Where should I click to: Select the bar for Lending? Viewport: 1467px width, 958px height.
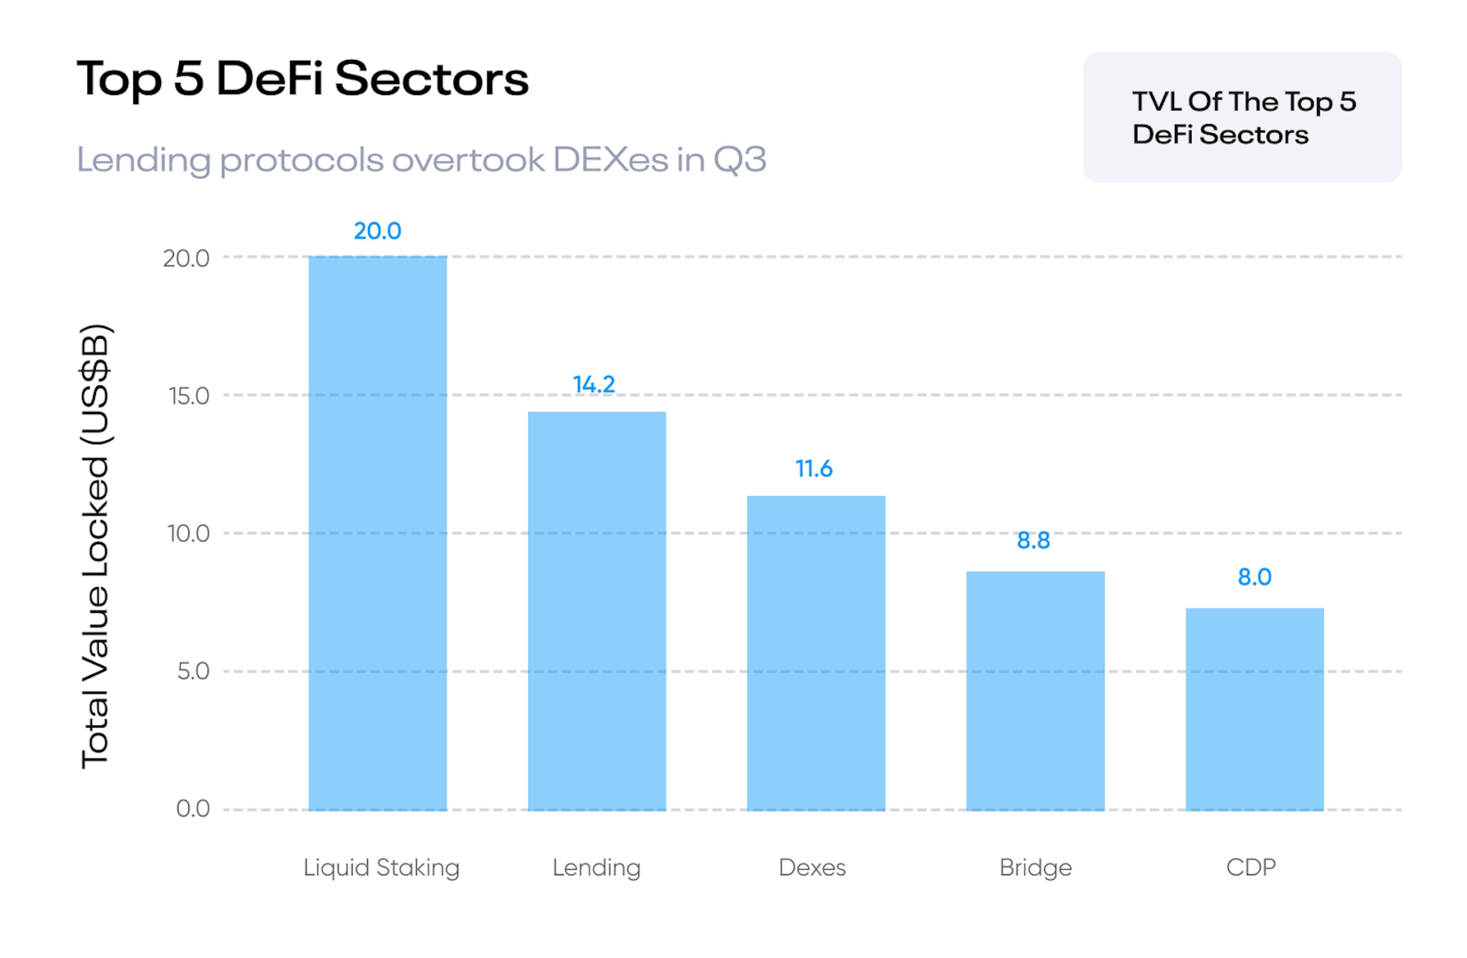597,610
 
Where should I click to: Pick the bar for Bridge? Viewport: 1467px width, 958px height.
1035,691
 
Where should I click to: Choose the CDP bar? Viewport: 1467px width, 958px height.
1254,709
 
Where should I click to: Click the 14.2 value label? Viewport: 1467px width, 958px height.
594,385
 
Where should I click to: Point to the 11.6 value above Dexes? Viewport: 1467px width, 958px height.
814,469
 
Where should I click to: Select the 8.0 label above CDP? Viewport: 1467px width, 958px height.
1254,578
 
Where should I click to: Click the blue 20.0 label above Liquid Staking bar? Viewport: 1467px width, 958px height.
377,231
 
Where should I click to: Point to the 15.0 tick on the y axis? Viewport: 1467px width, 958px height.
189,396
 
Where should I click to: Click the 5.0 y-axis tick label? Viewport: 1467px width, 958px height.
193,672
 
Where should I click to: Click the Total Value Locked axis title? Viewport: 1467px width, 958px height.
96,545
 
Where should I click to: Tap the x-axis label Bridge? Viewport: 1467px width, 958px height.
1036,868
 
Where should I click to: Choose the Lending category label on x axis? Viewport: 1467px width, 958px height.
596,868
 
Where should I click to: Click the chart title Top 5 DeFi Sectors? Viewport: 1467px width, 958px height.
302,79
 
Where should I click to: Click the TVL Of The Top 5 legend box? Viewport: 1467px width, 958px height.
1242,117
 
